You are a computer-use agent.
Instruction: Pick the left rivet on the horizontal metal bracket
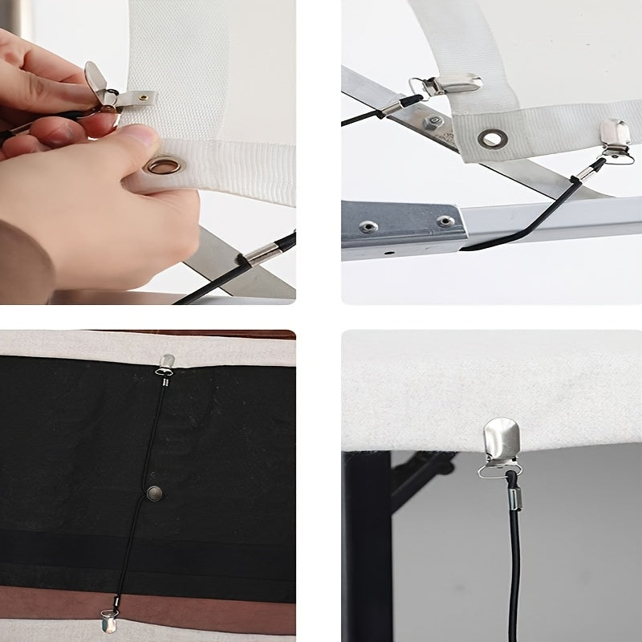368,226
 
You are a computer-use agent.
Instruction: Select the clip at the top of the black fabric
166,364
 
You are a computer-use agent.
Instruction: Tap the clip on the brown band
110,620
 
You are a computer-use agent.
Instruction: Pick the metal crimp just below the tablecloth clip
511,502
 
